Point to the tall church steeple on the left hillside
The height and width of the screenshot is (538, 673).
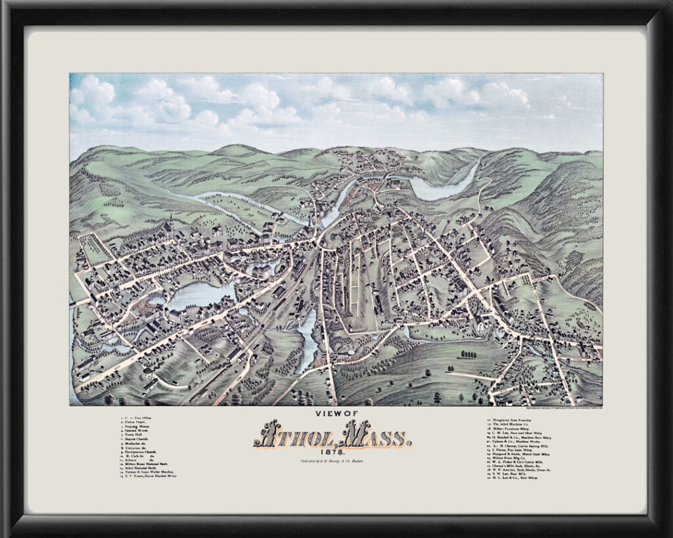click(170, 222)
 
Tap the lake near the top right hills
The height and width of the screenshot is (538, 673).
click(440, 187)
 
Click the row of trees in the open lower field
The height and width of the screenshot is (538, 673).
click(468, 355)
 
